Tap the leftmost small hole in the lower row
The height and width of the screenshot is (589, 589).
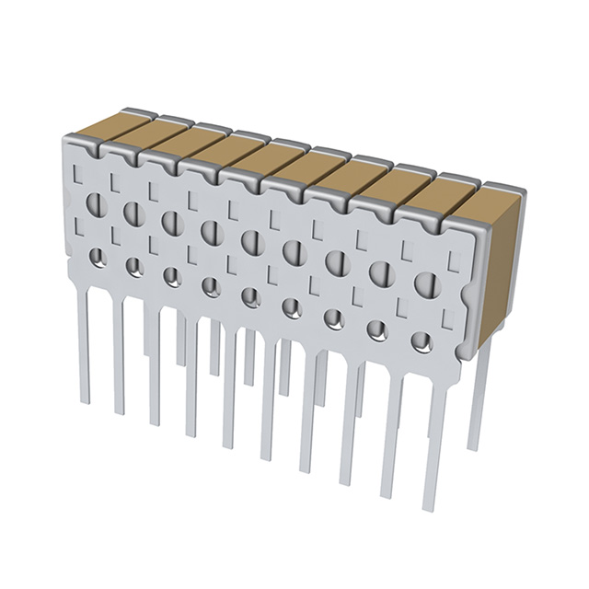pos(98,258)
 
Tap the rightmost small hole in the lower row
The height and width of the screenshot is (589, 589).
pos(422,342)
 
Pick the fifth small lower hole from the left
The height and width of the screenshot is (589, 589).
pos(250,297)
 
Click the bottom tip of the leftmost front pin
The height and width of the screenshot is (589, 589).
pos(85,403)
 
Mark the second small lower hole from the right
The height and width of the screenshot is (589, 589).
pos(377,329)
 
